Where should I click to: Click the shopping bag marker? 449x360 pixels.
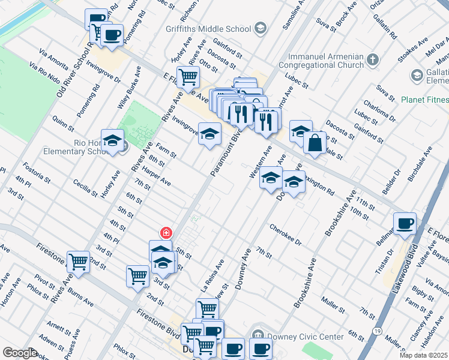[x=315, y=143]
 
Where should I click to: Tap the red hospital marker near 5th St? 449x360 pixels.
[x=165, y=233]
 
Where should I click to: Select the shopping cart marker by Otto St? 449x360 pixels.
[x=188, y=76]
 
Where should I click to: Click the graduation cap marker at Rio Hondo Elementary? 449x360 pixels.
[x=112, y=140]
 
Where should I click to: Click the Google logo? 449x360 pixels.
[x=20, y=353]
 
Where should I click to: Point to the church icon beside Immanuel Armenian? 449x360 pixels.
[x=373, y=59]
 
